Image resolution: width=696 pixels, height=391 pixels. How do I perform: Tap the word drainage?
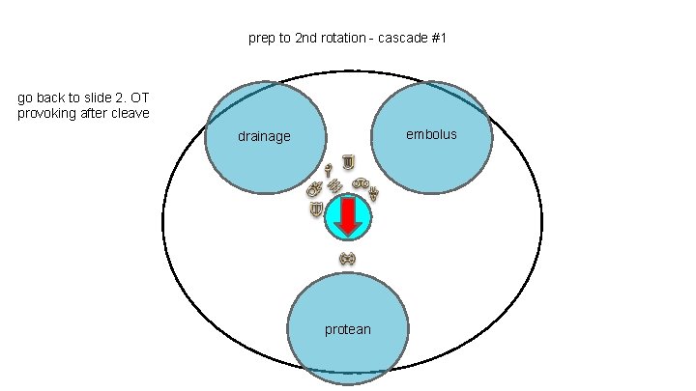(264, 137)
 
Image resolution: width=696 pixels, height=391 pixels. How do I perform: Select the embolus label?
(432, 134)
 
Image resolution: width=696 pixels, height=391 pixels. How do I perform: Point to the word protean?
(347, 330)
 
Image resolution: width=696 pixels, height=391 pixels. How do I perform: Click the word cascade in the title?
(399, 40)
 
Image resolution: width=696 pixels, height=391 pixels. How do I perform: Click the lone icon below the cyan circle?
(348, 258)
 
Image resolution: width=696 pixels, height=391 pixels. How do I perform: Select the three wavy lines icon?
(334, 184)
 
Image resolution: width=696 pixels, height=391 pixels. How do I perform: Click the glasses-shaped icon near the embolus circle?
(360, 182)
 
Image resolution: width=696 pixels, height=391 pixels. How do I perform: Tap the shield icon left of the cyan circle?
(316, 209)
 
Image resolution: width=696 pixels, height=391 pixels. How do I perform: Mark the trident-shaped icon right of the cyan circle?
(373, 192)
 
